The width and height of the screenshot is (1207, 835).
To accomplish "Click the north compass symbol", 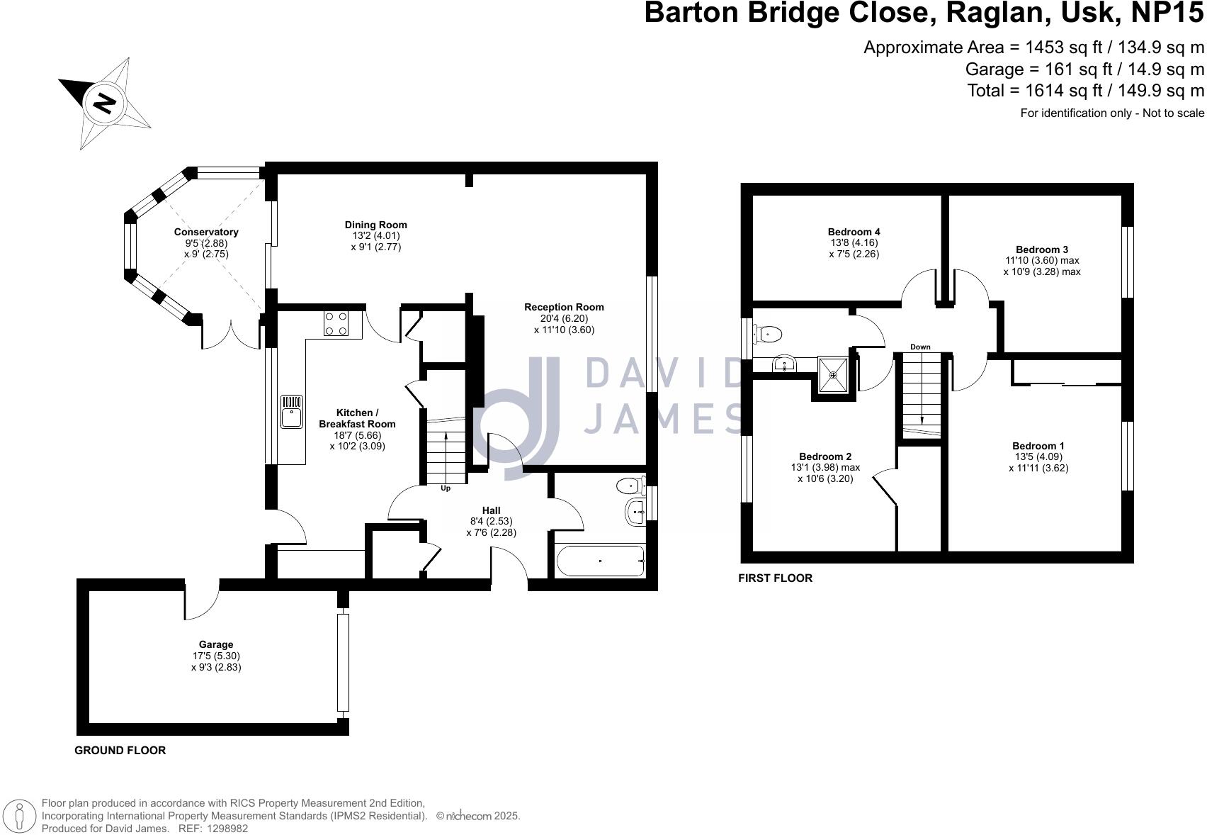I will click(105, 103).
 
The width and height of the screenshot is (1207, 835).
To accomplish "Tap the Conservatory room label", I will click(206, 232).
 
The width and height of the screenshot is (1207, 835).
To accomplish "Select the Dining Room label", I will click(375, 225).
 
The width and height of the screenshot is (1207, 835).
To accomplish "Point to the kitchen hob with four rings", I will click(336, 323).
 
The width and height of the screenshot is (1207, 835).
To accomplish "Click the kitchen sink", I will click(291, 412).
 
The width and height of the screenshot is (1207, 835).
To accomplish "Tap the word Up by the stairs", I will click(446, 488).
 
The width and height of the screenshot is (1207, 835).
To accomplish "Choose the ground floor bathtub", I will click(601, 561).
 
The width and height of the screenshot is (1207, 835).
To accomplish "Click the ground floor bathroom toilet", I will click(629, 486).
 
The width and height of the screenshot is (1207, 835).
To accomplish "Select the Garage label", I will click(216, 644).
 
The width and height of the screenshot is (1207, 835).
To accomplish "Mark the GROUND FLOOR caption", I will click(120, 750).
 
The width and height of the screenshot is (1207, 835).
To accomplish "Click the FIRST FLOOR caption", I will click(775, 578).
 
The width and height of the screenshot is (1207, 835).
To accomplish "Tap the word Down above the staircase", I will click(920, 347).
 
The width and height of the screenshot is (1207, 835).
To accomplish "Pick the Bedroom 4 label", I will click(854, 232).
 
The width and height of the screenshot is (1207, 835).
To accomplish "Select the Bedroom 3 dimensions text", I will click(1041, 266).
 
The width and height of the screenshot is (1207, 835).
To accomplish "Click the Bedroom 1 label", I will click(1038, 446).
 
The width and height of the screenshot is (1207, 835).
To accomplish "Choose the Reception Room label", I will click(564, 307).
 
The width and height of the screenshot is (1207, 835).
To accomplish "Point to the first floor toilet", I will click(767, 332).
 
